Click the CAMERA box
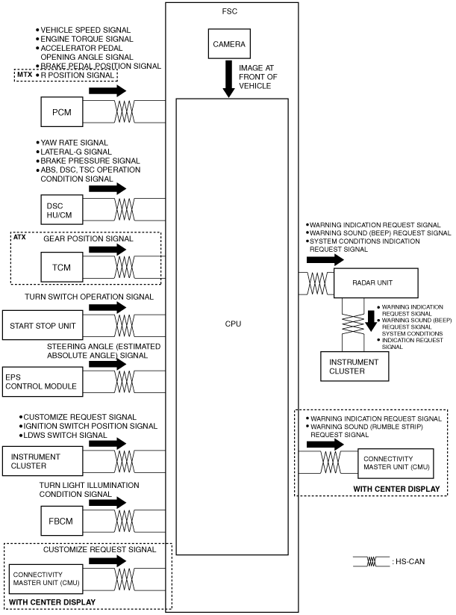tap(229, 43)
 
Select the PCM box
tap(62, 112)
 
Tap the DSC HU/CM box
tap(62, 210)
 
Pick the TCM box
tap(62, 267)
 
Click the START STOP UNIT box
tap(43, 325)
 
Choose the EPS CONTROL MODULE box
tap(43, 382)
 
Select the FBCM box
tap(62, 521)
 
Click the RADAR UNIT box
tap(375, 282)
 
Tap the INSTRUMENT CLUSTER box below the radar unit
tap(355, 366)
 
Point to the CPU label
tap(233, 324)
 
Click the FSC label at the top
tap(230, 11)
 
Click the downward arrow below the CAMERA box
tap(229, 78)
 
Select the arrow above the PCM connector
tap(107, 90)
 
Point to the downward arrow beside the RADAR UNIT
tap(371, 321)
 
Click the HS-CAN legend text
tap(410, 561)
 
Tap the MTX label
tap(25, 74)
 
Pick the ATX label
tap(19, 237)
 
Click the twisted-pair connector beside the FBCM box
tap(124, 521)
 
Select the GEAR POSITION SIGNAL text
tap(88, 238)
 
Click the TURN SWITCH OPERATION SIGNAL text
tap(89, 297)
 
